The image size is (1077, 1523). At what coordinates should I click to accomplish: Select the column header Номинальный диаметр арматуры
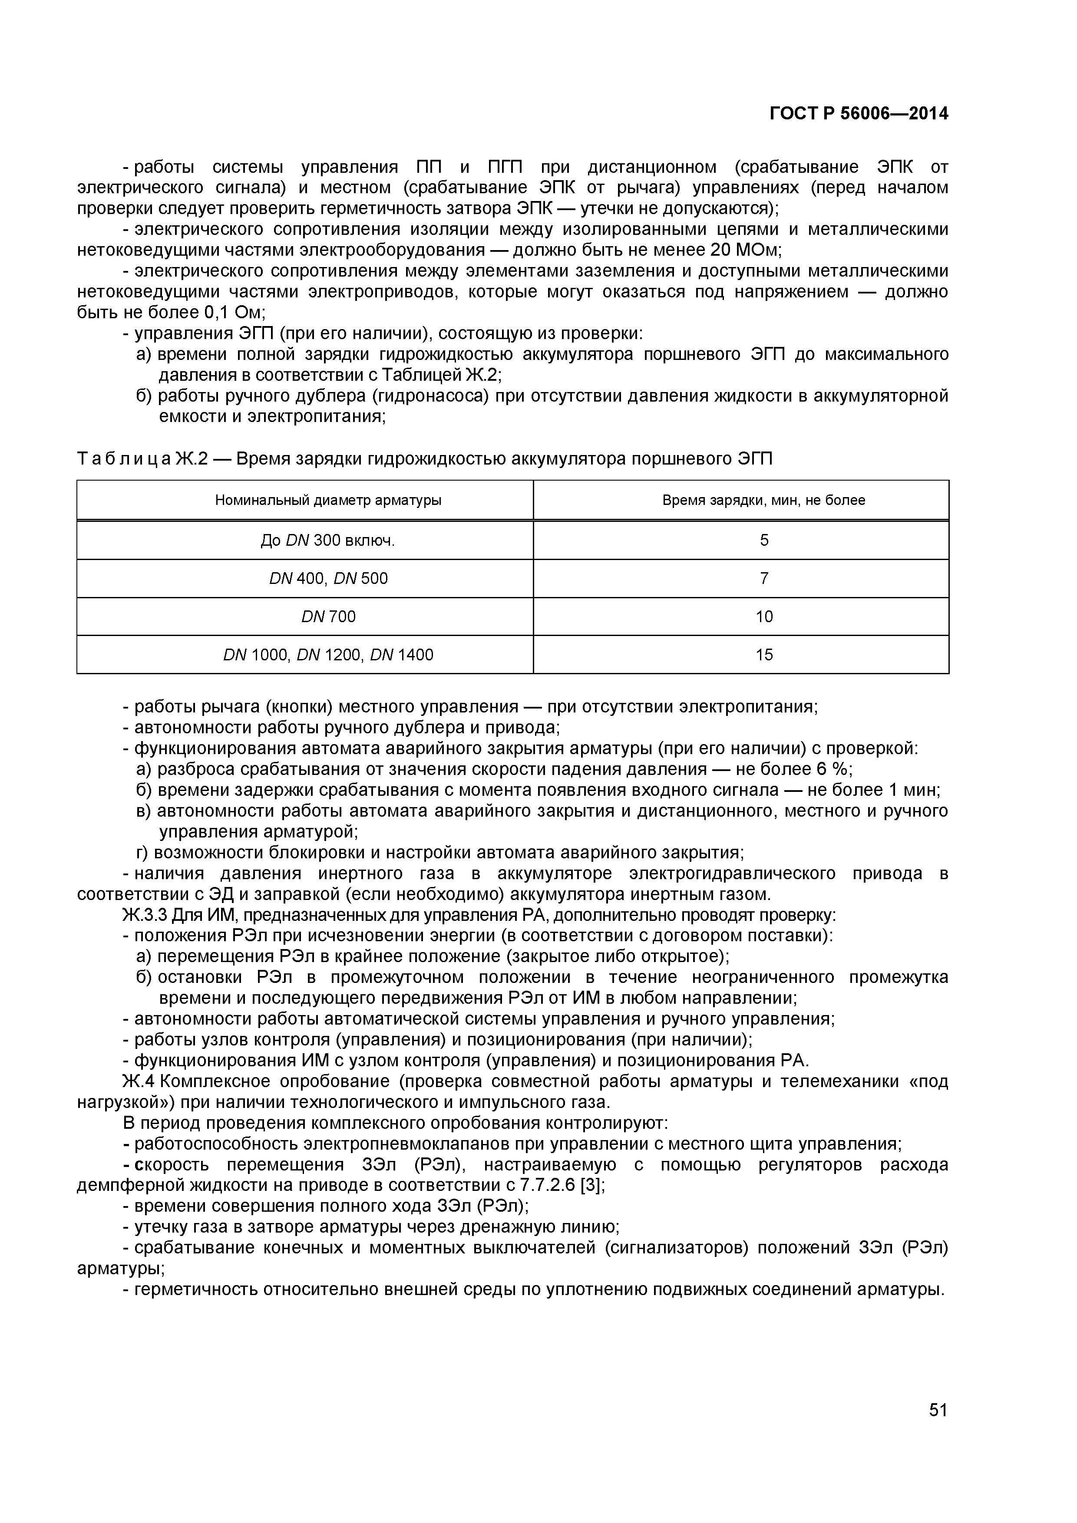[328, 500]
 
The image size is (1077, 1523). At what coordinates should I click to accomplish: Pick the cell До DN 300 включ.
[328, 541]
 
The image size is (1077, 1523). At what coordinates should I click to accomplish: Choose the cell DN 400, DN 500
[328, 578]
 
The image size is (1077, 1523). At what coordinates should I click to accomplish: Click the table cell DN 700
[328, 617]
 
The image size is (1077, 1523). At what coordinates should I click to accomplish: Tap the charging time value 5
[764, 541]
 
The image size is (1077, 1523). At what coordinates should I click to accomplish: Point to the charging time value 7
[764, 578]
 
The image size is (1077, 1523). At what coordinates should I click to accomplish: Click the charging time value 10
[764, 617]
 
